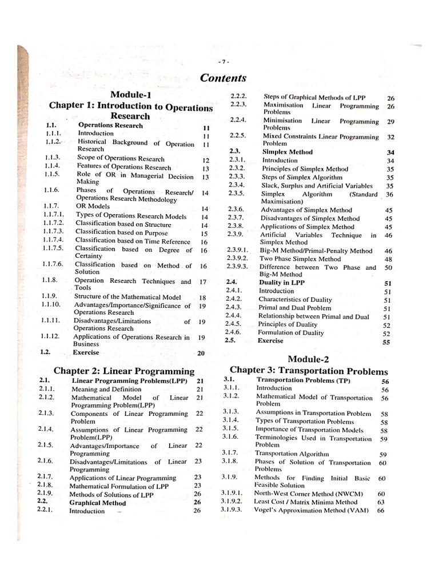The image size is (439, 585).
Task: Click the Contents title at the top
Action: pyautogui.click(x=224, y=78)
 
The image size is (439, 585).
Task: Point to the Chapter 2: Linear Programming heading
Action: pyautogui.click(x=124, y=371)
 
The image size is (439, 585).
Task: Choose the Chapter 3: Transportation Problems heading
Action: pyautogui.click(x=309, y=371)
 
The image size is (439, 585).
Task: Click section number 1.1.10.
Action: pyautogui.click(x=51, y=305)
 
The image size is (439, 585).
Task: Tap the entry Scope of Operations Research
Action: pyautogui.click(x=121, y=159)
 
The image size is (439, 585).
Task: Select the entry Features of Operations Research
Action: pyautogui.click(x=124, y=167)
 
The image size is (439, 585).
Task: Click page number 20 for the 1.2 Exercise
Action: pyautogui.click(x=201, y=354)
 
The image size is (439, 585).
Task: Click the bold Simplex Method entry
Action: pyautogui.click(x=287, y=153)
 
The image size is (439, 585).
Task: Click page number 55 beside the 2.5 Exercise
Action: pyautogui.click(x=387, y=342)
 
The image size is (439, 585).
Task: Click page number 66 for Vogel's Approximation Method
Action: pyautogui.click(x=381, y=510)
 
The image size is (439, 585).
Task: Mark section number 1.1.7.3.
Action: pyautogui.click(x=52, y=233)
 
